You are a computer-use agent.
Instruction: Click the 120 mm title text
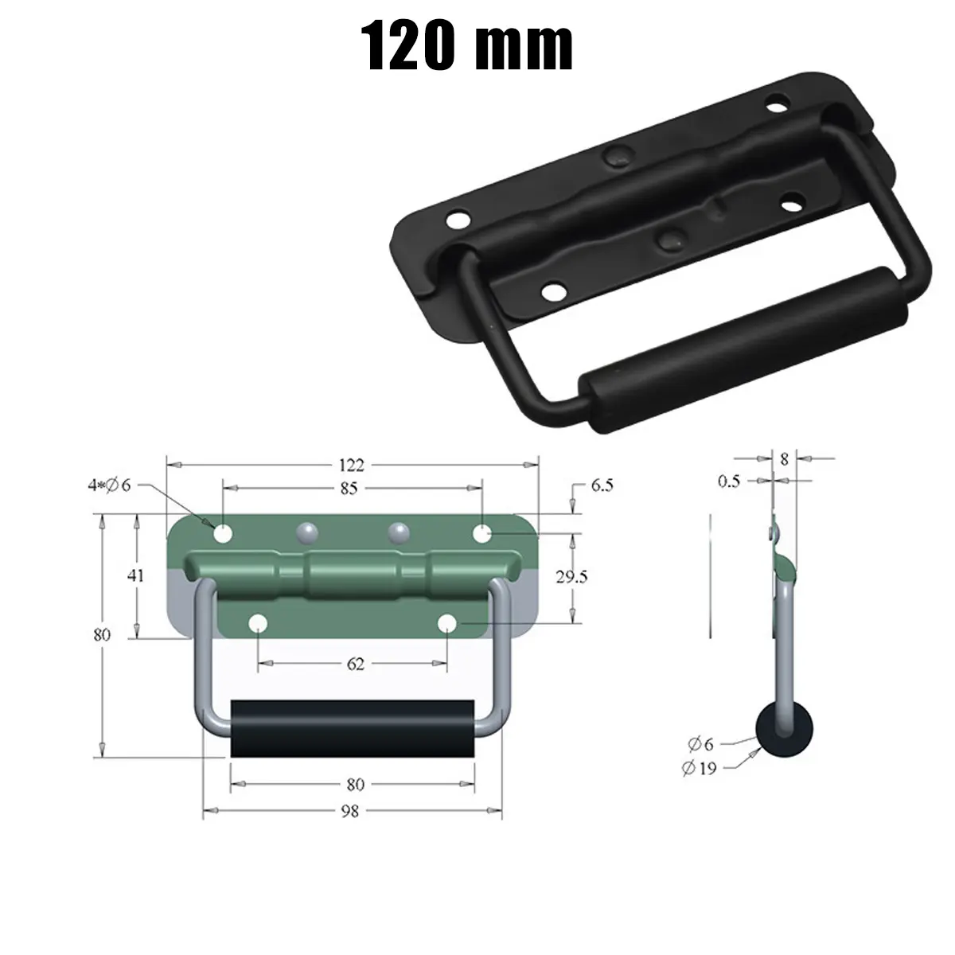coord(468,45)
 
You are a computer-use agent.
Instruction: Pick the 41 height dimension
coord(136,575)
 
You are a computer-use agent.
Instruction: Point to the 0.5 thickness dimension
coord(729,481)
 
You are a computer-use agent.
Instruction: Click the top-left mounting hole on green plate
coord(223,532)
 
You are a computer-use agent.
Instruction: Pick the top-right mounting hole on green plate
coord(482,532)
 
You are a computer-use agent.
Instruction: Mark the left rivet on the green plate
coord(306,532)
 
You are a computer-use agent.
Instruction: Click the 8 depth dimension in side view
coord(785,459)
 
